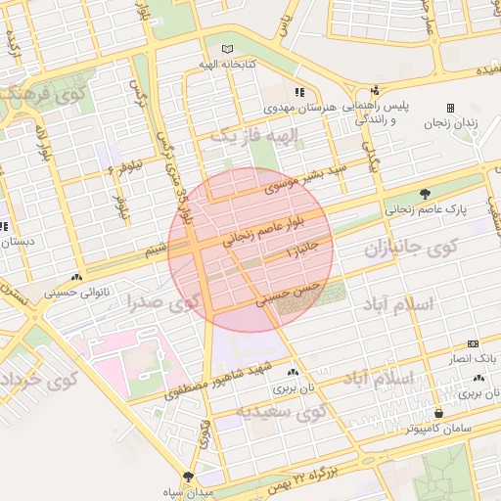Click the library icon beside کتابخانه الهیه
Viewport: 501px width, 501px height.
(228, 49)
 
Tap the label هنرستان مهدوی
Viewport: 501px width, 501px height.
(303, 104)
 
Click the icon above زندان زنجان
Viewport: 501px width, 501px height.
(450, 108)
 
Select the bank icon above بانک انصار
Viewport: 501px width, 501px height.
(474, 343)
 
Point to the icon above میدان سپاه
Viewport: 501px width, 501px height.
(175, 479)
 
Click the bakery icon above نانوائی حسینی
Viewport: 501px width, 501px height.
(77, 277)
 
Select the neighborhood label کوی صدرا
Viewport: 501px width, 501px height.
(162, 301)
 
